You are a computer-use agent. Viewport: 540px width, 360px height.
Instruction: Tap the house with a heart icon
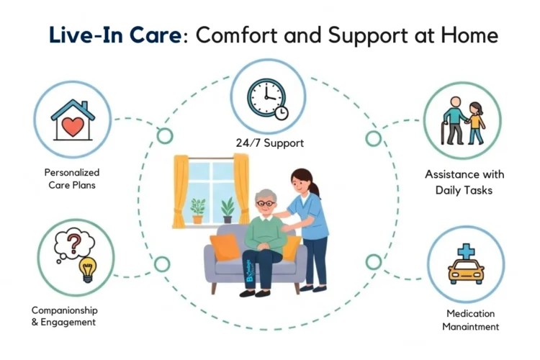click(x=73, y=120)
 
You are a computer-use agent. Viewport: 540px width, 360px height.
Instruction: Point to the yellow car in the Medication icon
click(x=465, y=271)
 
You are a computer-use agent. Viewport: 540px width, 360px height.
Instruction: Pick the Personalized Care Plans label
click(x=72, y=179)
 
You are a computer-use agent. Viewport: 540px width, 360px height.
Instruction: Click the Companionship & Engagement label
click(x=64, y=316)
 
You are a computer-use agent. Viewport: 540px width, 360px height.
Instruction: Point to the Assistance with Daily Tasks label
click(x=464, y=182)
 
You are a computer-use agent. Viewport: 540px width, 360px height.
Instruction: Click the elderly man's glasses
click(x=266, y=204)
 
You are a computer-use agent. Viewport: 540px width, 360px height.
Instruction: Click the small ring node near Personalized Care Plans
click(x=165, y=135)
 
